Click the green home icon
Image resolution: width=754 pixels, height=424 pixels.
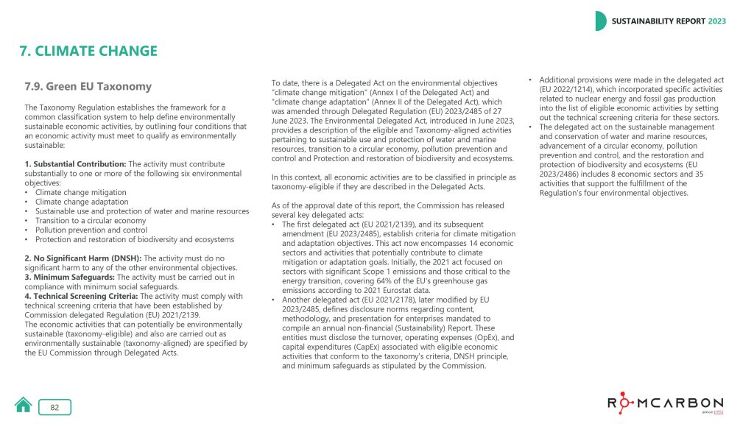(24, 405)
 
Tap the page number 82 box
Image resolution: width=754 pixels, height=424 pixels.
(54, 407)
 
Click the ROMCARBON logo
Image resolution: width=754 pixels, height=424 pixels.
(665, 403)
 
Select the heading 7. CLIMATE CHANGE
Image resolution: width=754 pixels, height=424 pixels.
(88, 52)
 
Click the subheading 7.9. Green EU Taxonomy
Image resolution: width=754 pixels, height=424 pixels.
(88, 86)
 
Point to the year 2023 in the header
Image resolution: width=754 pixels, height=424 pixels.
(716, 21)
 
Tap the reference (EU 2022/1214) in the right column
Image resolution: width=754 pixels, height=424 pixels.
(568, 89)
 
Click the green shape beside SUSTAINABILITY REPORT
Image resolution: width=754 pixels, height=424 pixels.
(601, 21)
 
